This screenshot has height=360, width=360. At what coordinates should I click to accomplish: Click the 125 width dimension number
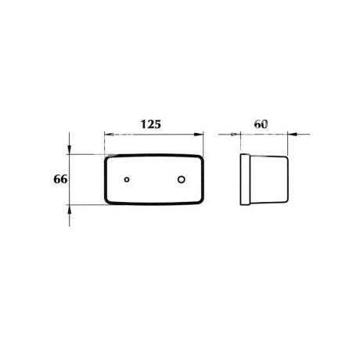point(151,124)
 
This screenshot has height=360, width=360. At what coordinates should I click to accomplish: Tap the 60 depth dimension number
point(261,124)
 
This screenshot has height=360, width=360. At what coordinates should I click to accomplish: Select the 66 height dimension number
point(60,179)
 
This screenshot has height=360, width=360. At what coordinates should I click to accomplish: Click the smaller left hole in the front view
point(127,179)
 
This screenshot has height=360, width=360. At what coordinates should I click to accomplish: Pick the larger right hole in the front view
point(182,179)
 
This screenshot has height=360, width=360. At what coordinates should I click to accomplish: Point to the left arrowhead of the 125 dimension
point(109,135)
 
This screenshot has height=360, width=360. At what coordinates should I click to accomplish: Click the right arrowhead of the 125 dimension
point(199,135)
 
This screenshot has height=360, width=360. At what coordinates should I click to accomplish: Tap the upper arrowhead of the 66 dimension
point(69,149)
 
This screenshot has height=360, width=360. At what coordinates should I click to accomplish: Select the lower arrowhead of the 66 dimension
point(69,209)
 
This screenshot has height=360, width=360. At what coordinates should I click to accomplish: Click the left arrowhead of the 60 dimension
point(236,135)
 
